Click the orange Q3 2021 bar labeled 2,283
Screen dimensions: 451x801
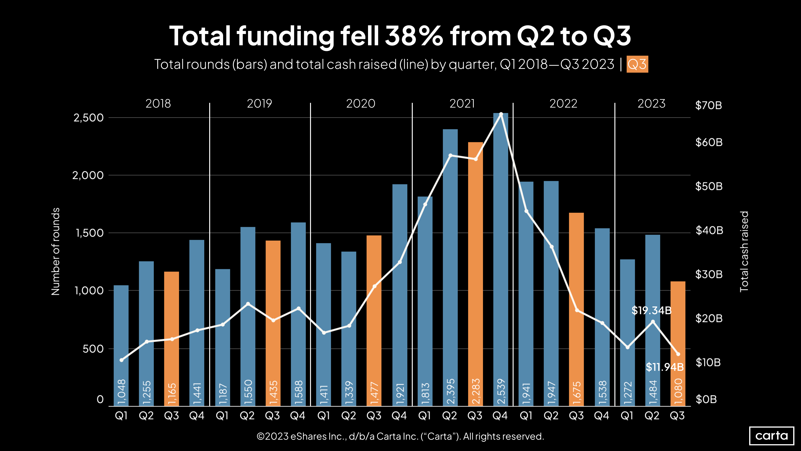pos(475,274)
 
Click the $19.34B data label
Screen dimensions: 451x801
pos(651,310)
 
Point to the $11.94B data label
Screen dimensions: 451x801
pos(665,367)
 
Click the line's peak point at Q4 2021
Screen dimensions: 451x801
pos(501,114)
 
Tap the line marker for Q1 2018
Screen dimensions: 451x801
pos(122,360)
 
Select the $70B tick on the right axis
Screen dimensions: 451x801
pos(708,105)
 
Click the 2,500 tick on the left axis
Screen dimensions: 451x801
pos(88,118)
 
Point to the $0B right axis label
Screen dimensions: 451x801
pos(706,399)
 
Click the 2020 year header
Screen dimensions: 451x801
pos(361,103)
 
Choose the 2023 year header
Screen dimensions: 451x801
pos(651,103)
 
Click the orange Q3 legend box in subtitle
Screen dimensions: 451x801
pos(637,64)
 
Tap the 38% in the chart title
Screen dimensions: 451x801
pos(413,36)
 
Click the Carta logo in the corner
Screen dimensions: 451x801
pos(772,435)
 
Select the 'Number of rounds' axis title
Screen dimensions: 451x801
pos(55,251)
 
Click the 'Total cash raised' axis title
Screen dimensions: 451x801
pos(744,251)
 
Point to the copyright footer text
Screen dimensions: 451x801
pos(400,436)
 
